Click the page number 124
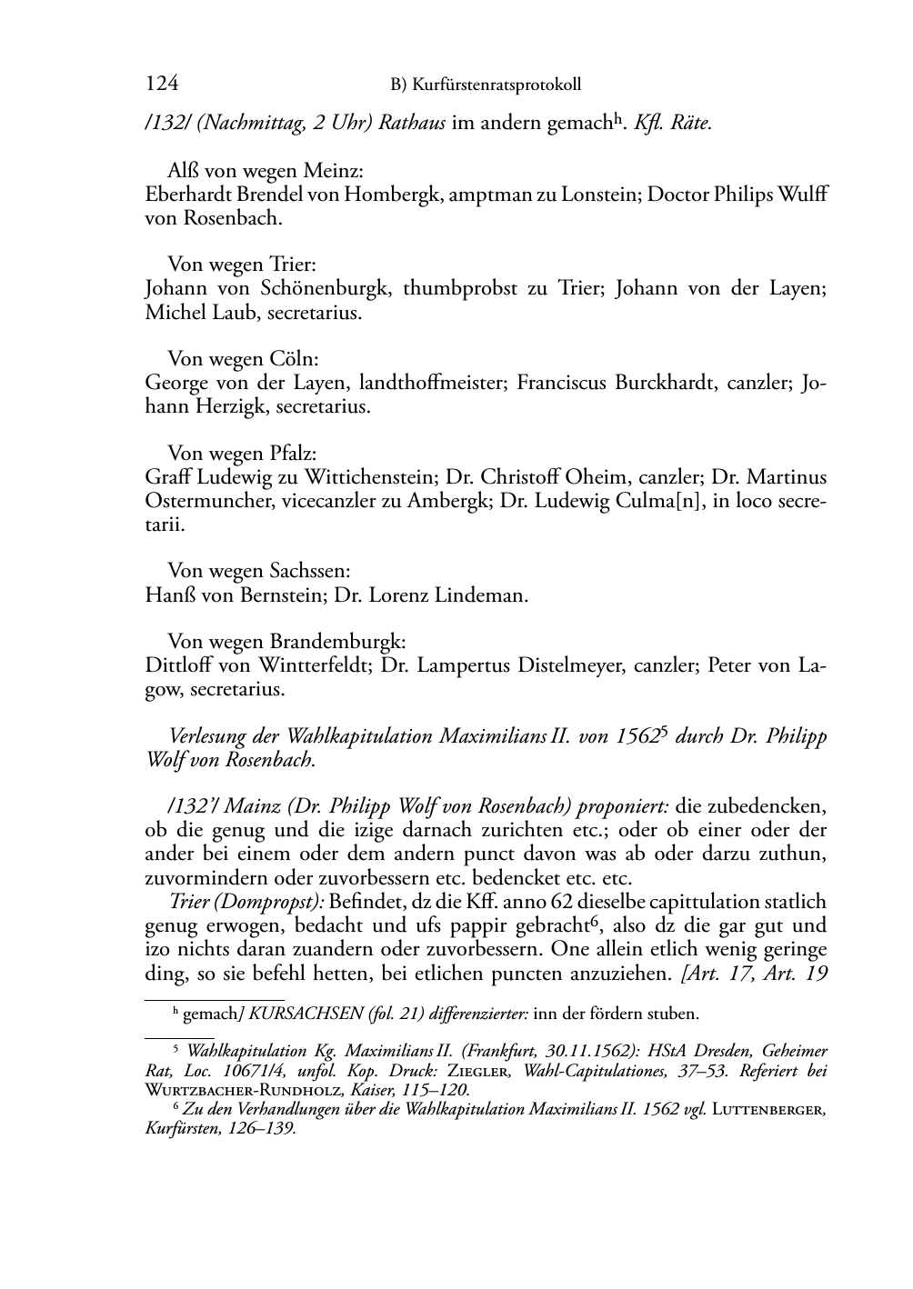[x=161, y=85]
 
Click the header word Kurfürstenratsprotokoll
[x=497, y=85]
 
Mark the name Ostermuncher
[x=203, y=500]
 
